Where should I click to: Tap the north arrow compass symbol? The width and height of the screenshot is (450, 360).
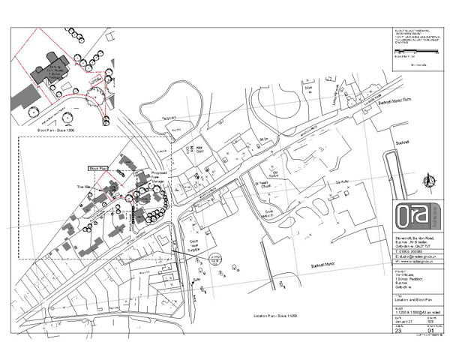428,179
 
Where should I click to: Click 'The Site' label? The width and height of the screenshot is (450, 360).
84,184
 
